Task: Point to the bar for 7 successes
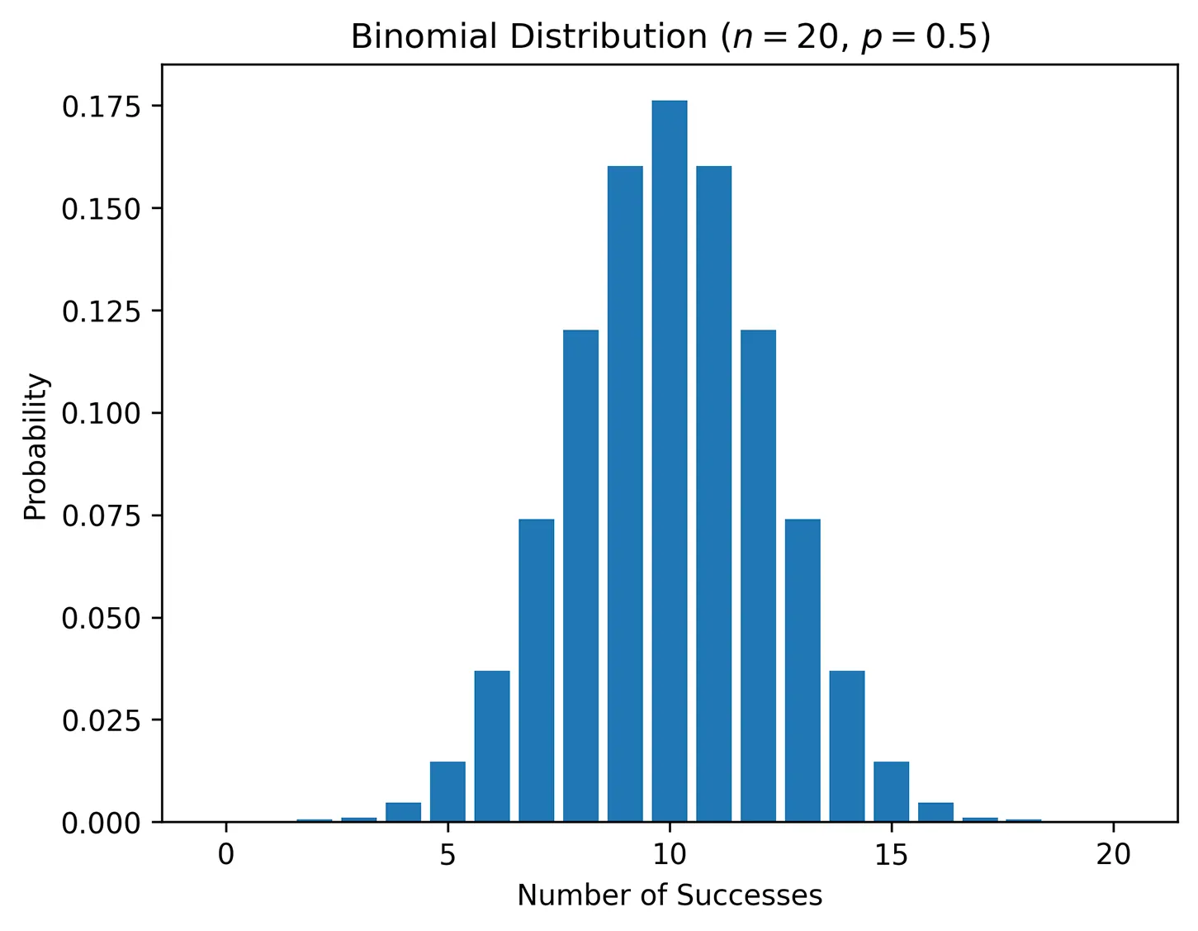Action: (x=536, y=670)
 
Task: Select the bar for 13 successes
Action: (x=803, y=670)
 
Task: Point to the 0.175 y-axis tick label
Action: (x=101, y=107)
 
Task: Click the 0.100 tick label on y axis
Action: (x=101, y=413)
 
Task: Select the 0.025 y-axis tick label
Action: (x=101, y=720)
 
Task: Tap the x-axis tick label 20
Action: (x=1113, y=854)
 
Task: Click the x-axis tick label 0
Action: (x=225, y=854)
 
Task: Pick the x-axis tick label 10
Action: (x=669, y=854)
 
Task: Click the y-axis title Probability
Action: (x=36, y=447)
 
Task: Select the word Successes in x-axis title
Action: (x=750, y=895)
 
